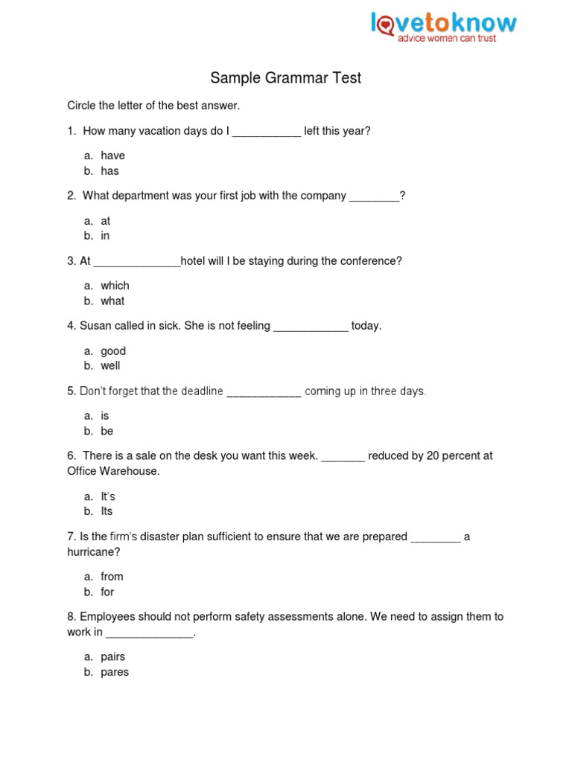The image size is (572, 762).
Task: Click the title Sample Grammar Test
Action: pos(285,78)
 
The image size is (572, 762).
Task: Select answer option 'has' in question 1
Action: pos(109,171)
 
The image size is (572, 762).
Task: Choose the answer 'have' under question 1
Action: pos(112,156)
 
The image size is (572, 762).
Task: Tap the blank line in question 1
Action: pos(267,132)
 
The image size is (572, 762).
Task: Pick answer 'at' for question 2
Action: pos(106,221)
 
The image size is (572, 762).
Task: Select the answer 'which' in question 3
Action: pos(115,286)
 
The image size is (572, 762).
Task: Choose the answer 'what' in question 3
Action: pos(112,301)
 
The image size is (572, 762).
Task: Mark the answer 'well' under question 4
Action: pos(110,366)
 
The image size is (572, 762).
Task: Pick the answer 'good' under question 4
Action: pos(113,351)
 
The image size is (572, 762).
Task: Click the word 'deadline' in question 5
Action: pos(202,391)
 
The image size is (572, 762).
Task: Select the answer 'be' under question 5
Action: pos(107,432)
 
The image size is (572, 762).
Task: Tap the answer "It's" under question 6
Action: pos(108,496)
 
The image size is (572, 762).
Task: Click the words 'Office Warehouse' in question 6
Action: pos(112,472)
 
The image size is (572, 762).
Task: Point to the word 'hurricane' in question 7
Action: pos(93,552)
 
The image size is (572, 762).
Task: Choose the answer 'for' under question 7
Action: pos(107,592)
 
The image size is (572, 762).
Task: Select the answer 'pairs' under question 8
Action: pos(113,657)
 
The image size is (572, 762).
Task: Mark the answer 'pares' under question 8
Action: pos(115,673)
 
